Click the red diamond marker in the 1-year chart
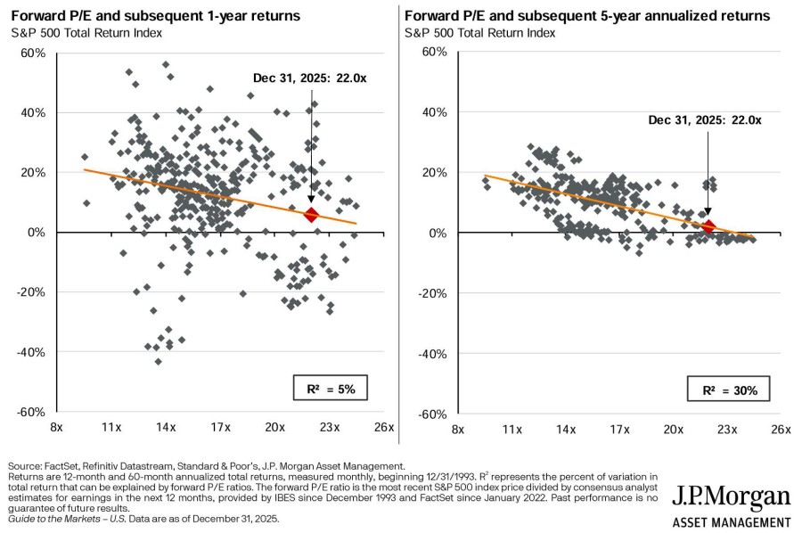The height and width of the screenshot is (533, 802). point(311,215)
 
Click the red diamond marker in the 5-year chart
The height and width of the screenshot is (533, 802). point(708,226)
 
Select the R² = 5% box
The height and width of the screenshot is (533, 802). point(331,389)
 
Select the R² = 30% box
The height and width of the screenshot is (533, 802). point(728,389)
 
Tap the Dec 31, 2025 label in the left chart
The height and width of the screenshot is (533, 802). point(309,78)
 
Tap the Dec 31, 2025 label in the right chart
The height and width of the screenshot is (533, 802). point(705,120)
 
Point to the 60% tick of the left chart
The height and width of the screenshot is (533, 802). point(33,53)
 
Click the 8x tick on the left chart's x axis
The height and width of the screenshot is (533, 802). point(56,429)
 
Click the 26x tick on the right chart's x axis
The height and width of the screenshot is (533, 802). point(781,429)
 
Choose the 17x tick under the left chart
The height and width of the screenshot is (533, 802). point(220,429)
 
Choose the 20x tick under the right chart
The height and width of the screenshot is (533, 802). point(673,429)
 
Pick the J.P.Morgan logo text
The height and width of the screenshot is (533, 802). point(731,497)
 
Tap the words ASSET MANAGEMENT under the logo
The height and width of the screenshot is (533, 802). point(731,522)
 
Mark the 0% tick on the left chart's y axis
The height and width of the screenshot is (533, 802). point(37,233)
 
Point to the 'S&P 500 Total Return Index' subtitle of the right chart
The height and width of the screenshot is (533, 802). point(480,33)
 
